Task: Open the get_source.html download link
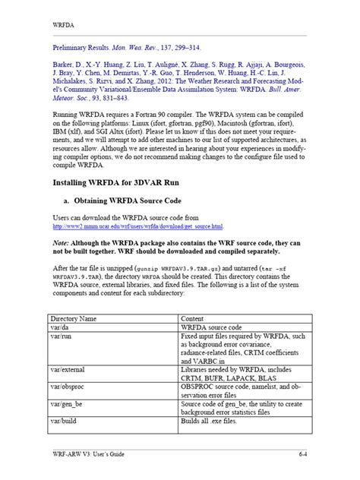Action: click(x=137, y=226)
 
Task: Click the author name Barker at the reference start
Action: click(x=64, y=66)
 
